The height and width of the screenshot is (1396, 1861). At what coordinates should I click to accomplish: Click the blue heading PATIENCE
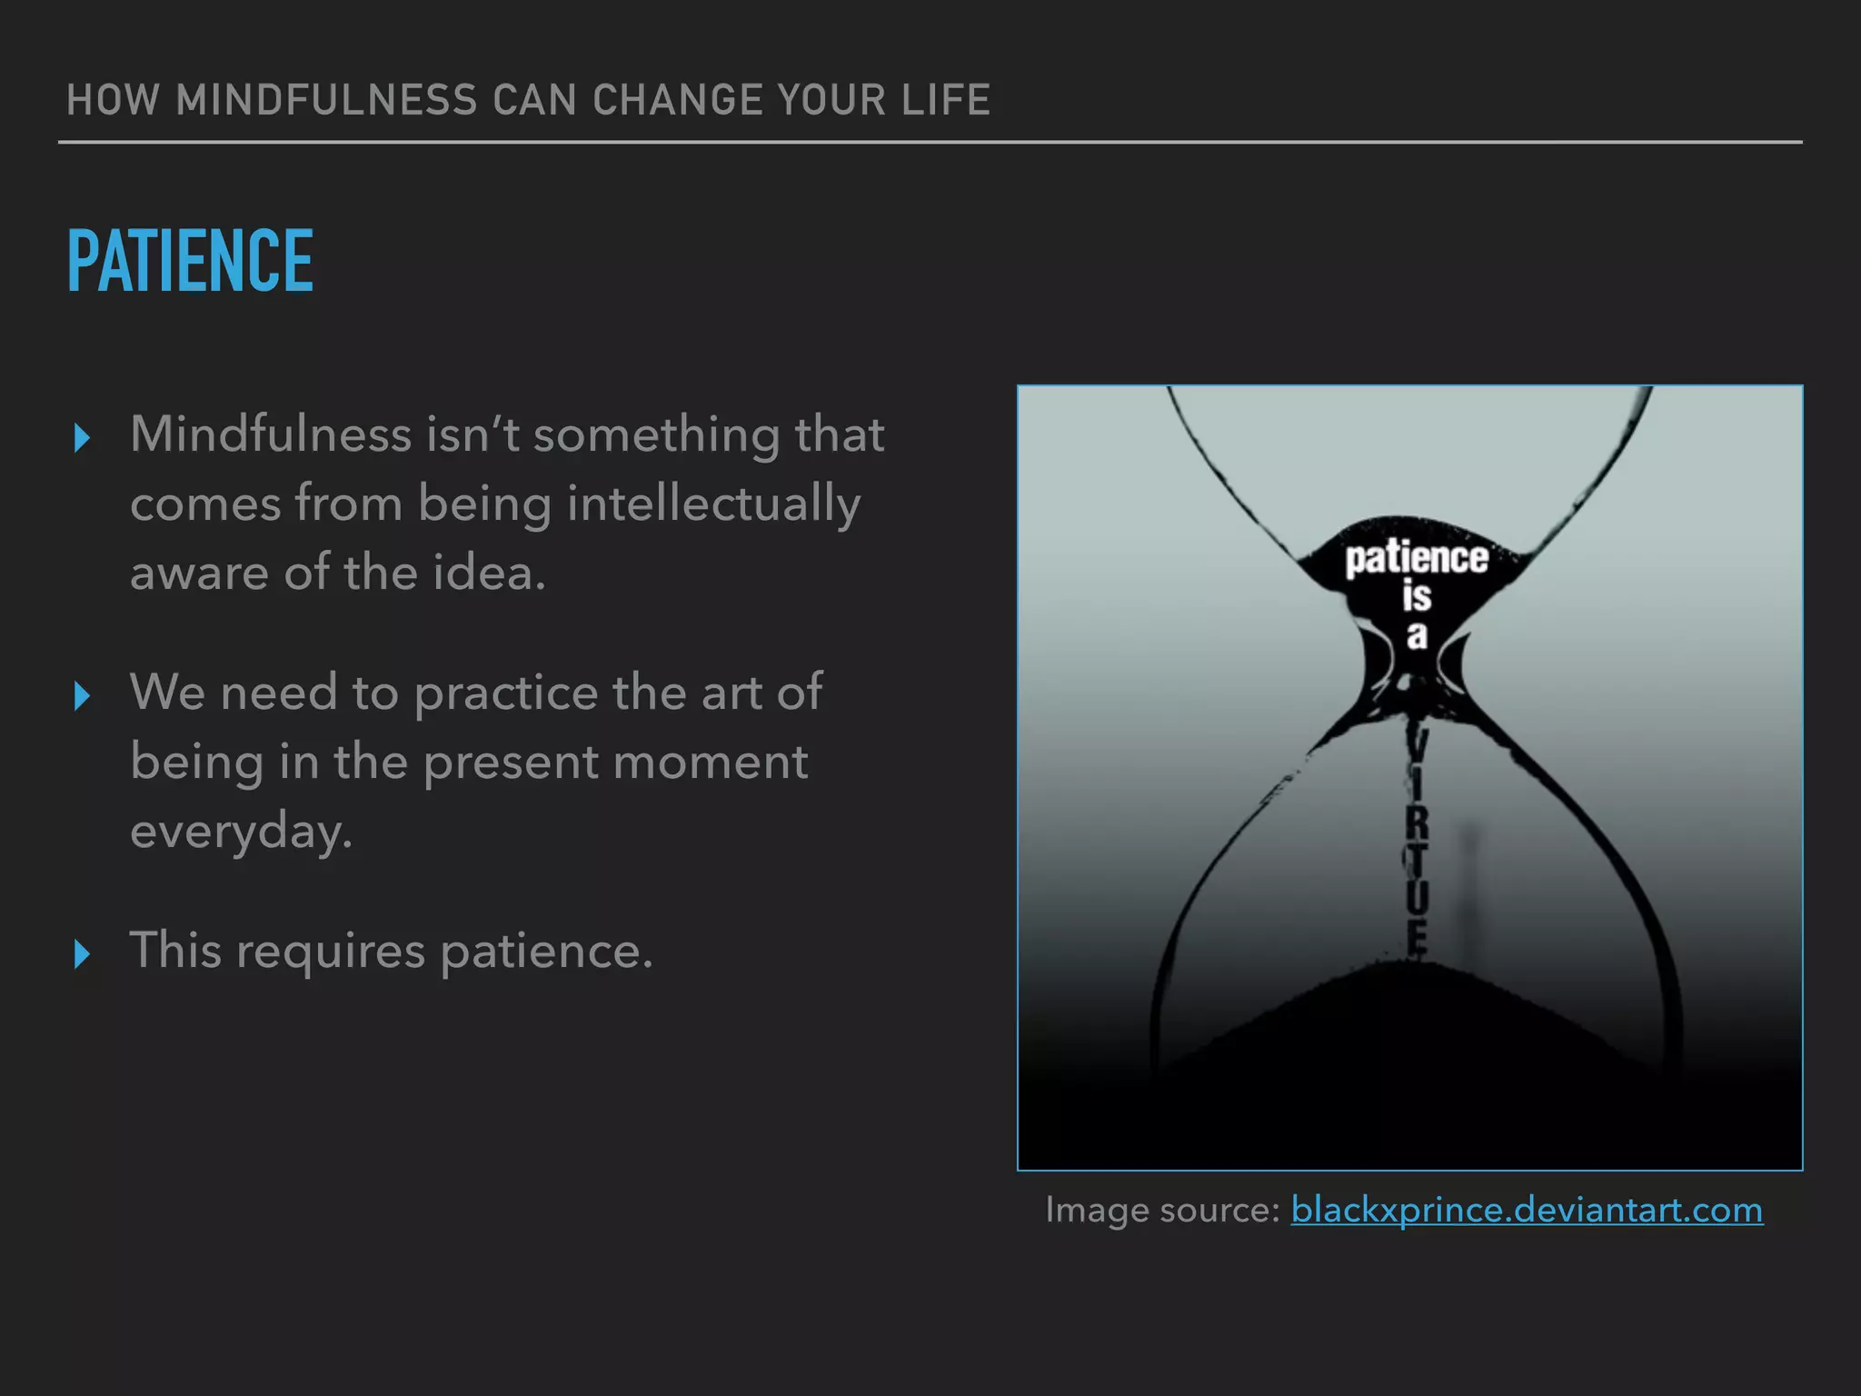coord(190,261)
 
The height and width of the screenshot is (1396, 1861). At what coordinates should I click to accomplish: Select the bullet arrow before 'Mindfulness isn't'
coord(82,438)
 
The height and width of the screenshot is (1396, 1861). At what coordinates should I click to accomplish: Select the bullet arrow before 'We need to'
coord(82,696)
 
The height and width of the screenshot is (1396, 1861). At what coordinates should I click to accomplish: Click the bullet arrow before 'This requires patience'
coord(82,954)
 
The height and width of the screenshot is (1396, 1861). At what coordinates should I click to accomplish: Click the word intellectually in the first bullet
coord(713,504)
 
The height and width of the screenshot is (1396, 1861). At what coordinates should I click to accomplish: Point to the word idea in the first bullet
coord(488,573)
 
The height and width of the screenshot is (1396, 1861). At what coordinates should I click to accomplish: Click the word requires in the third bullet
coord(331,952)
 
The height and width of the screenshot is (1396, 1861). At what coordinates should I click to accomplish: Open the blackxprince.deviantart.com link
coord(1527,1210)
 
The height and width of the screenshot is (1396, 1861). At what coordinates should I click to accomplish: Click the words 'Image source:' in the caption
coord(1162,1210)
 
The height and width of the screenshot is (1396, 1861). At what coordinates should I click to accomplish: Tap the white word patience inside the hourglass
coord(1417,558)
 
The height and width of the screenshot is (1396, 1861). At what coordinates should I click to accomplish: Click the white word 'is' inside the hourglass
coord(1417,597)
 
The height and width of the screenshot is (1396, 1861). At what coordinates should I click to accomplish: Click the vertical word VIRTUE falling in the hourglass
coord(1417,845)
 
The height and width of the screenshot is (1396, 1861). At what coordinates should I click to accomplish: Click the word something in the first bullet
coord(656,434)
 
